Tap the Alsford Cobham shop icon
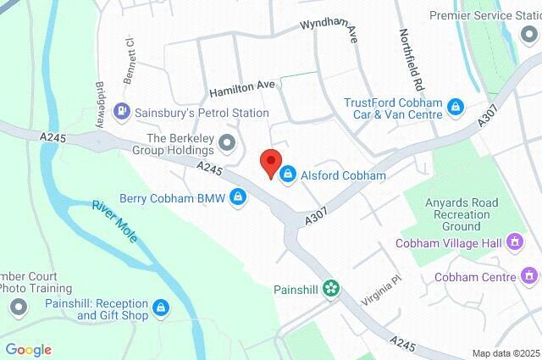tap(288, 175)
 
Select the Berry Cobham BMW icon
tap(241, 197)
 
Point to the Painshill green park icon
tap(331, 289)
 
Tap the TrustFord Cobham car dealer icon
tap(456, 106)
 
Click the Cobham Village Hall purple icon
tap(514, 244)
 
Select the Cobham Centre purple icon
tap(529, 276)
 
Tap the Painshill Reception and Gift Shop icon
tap(162, 307)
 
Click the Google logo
tap(28, 350)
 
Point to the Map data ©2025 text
tap(505, 353)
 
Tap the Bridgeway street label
tap(99, 102)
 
